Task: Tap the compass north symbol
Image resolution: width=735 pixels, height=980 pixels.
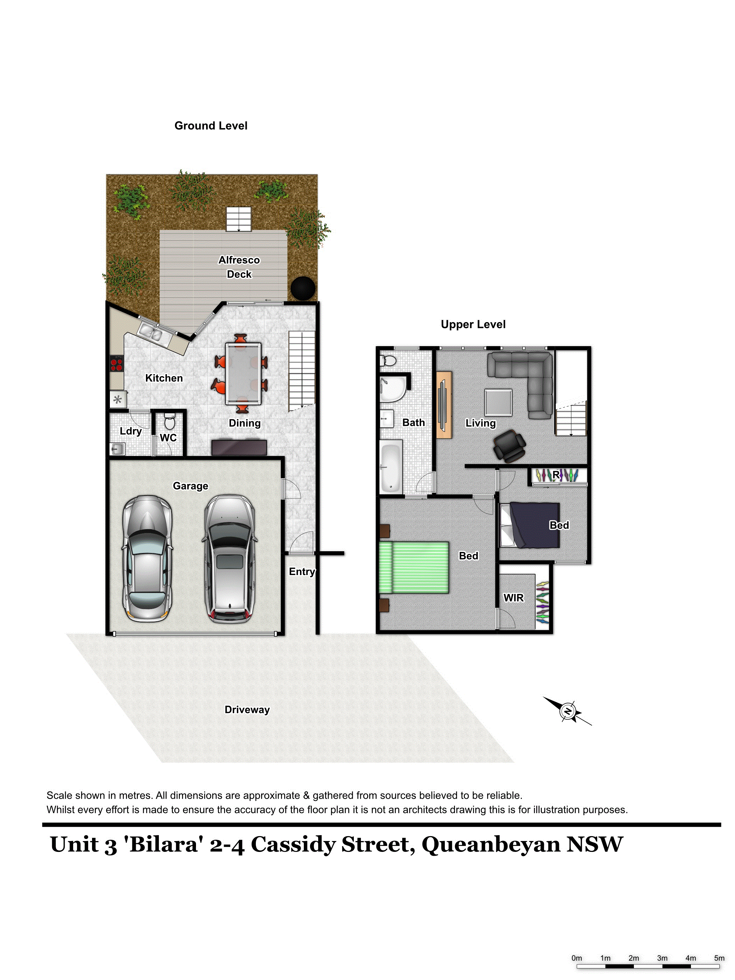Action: [568, 711]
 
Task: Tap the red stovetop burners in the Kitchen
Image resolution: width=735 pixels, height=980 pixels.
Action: [117, 364]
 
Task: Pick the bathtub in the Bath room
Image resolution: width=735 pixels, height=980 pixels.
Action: [391, 467]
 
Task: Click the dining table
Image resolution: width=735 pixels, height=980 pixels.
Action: [243, 373]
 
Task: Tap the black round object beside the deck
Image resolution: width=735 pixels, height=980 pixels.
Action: [303, 288]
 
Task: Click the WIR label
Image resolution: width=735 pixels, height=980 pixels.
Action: [513, 598]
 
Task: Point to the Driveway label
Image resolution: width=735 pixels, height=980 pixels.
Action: [247, 709]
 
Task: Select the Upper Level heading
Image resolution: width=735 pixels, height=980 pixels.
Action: [473, 324]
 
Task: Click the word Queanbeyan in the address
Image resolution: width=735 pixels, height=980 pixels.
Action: [491, 845]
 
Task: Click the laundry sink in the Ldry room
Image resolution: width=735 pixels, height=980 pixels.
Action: [117, 449]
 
